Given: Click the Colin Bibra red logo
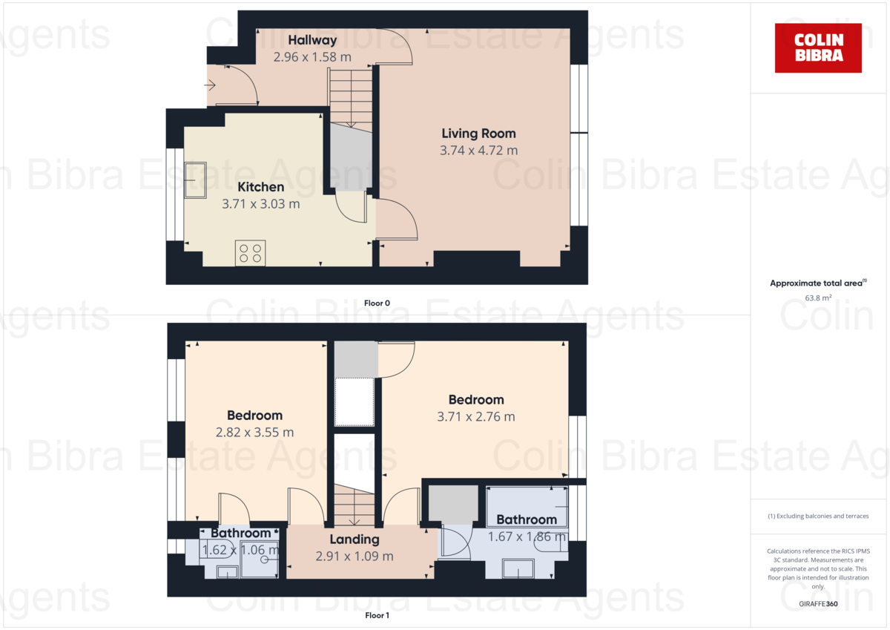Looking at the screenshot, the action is (818, 48).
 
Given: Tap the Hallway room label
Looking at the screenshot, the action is (312, 40).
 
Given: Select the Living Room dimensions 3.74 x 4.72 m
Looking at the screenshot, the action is (479, 151).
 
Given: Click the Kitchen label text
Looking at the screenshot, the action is (261, 187).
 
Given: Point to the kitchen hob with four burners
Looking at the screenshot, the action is (251, 253).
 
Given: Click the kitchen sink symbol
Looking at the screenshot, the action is (195, 180).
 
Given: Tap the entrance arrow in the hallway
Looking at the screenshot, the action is (210, 85).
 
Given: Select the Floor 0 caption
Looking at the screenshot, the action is (377, 303).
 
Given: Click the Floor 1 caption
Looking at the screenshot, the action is (377, 615).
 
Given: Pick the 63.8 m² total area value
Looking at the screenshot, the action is (818, 298).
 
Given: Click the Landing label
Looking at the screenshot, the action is (355, 539).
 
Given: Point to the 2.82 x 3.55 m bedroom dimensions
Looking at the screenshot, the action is (254, 433).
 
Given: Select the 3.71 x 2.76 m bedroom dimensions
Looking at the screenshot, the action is (476, 417).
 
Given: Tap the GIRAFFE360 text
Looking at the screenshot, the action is (818, 604).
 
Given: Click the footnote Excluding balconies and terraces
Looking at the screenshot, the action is (818, 516).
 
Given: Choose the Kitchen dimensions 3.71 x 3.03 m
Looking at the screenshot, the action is (260, 204).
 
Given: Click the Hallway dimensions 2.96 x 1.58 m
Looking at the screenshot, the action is (312, 57).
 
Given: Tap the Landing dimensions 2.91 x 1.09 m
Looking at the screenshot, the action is (355, 557).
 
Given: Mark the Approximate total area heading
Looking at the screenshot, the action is (818, 283).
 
